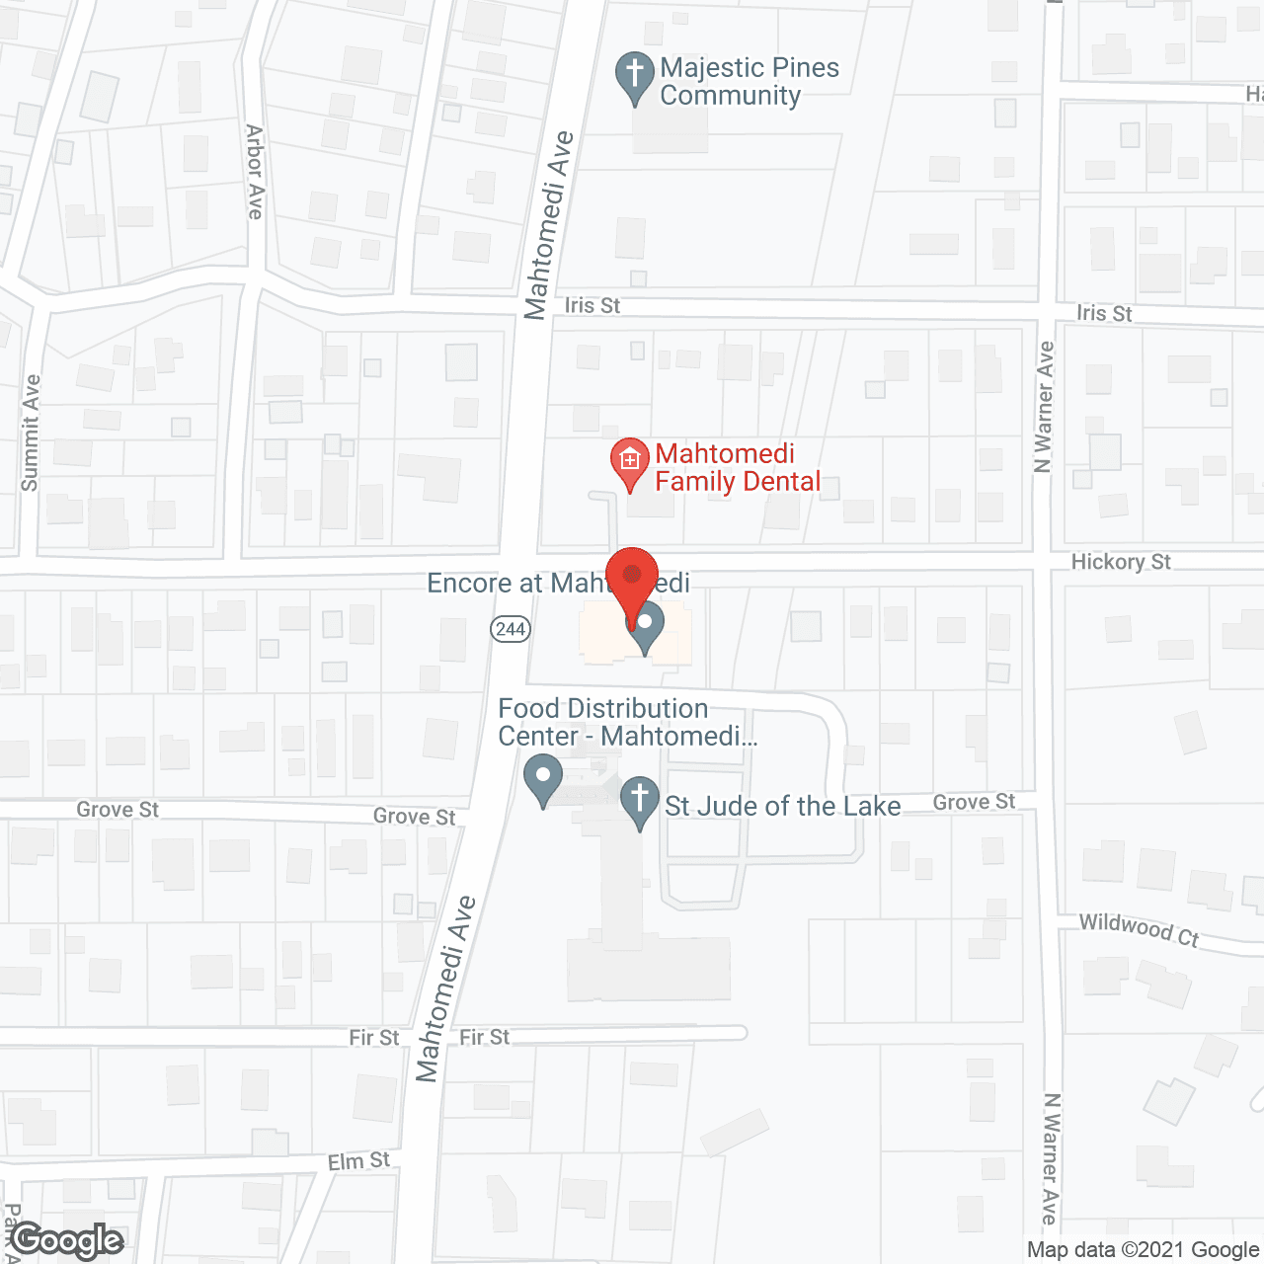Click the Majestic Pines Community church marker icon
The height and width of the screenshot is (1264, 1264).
click(x=634, y=75)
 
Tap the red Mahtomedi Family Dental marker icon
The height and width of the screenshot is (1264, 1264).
click(x=630, y=460)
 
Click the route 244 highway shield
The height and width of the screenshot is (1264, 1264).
click(x=511, y=629)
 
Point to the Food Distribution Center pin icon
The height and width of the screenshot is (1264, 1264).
click(x=542, y=777)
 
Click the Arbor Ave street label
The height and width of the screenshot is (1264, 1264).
click(x=255, y=172)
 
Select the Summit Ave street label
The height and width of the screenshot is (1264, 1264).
click(x=31, y=433)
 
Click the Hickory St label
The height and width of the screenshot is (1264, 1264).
click(x=1121, y=562)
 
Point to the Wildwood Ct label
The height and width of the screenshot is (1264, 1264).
click(x=1139, y=929)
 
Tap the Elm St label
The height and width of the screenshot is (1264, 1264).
click(x=358, y=1161)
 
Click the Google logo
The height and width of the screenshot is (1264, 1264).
click(x=67, y=1241)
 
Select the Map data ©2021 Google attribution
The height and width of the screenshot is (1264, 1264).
click(x=1144, y=1250)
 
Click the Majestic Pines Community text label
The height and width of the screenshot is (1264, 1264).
click(x=749, y=81)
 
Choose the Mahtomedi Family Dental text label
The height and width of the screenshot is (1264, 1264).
click(x=738, y=467)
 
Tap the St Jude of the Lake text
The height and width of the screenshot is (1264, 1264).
click(x=782, y=807)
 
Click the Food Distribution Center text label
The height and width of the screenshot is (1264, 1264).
click(x=626, y=722)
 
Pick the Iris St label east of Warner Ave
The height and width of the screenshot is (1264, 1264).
click(x=1104, y=313)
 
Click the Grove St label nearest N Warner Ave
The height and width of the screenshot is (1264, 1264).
click(x=974, y=802)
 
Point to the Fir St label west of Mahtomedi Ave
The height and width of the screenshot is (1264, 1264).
click(x=373, y=1038)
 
